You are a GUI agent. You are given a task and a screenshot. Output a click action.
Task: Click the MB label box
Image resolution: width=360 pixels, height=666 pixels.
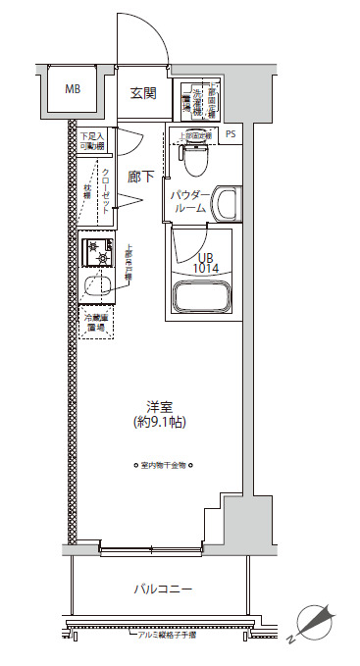tap(73, 89)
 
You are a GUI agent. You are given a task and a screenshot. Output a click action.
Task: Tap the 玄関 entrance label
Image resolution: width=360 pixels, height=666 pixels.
tap(143, 94)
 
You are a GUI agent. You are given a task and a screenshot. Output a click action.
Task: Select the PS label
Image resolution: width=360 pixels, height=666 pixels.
tap(231, 135)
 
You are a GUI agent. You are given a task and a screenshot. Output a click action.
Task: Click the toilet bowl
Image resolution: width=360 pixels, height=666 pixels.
tap(194, 153)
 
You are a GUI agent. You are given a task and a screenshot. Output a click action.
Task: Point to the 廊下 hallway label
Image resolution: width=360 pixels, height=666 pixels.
tap(140, 178)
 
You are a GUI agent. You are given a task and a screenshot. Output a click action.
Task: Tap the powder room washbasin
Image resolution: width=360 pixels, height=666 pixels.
tap(225, 205)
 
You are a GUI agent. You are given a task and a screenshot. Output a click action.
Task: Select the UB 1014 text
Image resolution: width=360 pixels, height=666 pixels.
tap(204, 261)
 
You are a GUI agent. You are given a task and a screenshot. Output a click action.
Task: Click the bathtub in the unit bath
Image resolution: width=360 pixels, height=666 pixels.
tap(203, 297)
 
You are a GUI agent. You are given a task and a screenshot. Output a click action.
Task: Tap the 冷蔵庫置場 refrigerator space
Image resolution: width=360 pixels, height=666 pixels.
tap(97, 324)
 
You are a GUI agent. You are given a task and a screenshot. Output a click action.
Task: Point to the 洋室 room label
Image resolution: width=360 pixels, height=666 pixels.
tap(160, 405)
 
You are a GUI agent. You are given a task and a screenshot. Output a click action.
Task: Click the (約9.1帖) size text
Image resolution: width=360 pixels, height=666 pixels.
tap(160, 423)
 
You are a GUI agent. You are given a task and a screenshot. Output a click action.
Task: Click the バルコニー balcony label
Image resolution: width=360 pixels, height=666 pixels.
tap(163, 589)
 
